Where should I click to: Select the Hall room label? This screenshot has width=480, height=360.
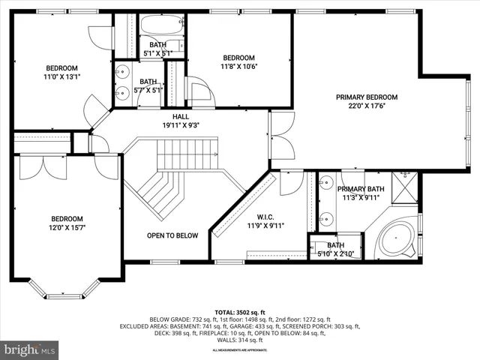(181, 116)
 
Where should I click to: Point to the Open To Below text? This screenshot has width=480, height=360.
(172, 235)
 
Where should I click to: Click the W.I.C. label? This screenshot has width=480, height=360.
(265, 214)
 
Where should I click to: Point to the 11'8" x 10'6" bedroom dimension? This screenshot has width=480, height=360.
(239, 67)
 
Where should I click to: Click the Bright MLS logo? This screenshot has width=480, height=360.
(30, 349)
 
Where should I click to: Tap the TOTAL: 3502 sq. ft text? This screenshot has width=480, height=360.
(240, 311)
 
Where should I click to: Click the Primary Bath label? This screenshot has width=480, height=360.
(361, 189)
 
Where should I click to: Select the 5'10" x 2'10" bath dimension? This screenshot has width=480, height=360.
(334, 254)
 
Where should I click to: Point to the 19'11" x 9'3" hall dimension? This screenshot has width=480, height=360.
(181, 125)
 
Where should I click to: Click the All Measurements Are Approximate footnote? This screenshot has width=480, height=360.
(240, 350)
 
